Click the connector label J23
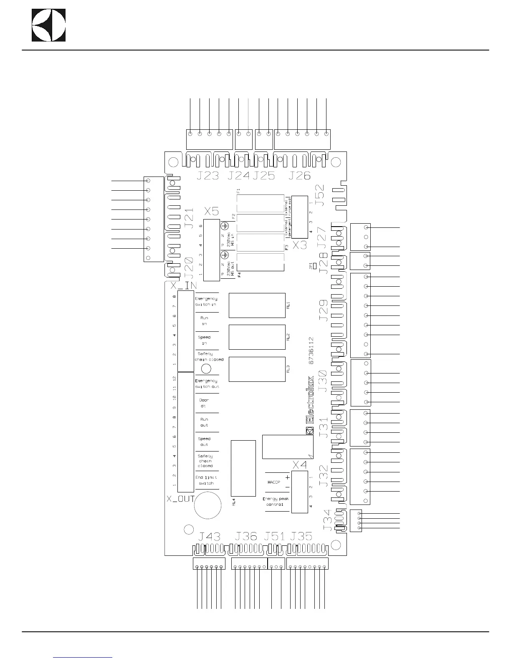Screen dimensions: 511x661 click(x=208, y=176)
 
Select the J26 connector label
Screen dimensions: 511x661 click(x=299, y=176)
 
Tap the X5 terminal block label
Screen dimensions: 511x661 click(x=211, y=211)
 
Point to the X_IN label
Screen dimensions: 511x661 click(x=184, y=286)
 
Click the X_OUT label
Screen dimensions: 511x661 click(x=180, y=499)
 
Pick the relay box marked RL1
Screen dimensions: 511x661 click(x=257, y=305)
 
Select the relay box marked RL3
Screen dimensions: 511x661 click(x=257, y=369)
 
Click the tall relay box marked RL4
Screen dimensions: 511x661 click(x=243, y=468)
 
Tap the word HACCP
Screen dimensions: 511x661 click(x=274, y=482)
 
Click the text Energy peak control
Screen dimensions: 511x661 click(x=276, y=502)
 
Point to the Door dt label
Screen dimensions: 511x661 click(x=204, y=403)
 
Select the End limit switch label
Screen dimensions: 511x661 click(x=206, y=480)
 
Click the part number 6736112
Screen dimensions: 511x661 click(x=311, y=351)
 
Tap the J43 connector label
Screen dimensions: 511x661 click(x=209, y=536)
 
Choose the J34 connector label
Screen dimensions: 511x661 click(x=328, y=520)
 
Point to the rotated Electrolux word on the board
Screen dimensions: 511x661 click(x=311, y=401)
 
